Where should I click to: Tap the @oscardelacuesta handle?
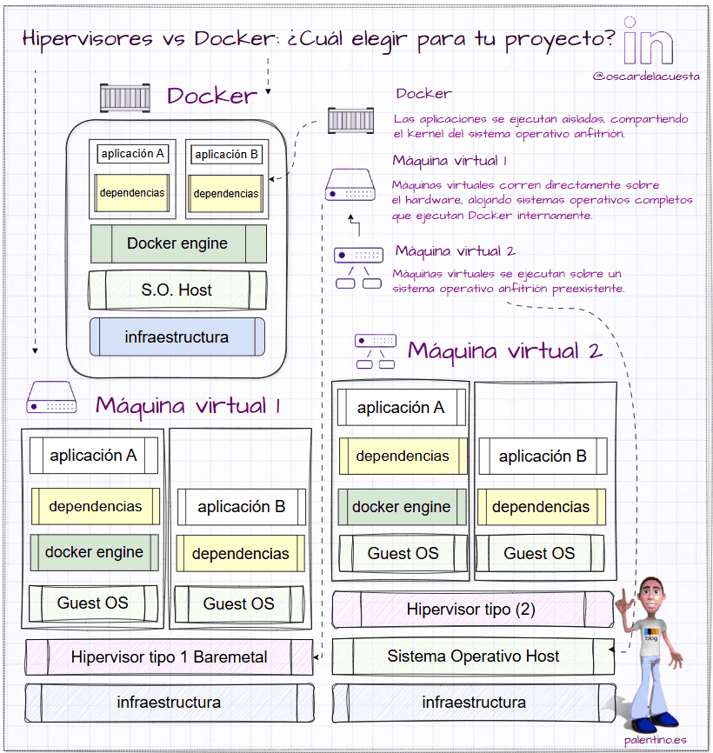tap(645, 77)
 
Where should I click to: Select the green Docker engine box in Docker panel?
tap(178, 243)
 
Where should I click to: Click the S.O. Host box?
tap(177, 290)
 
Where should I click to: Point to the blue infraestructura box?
tap(177, 337)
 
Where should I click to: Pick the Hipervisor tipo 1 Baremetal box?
tap(169, 656)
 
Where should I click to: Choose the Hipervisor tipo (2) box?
tap(471, 610)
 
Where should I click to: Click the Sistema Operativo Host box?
tap(473, 656)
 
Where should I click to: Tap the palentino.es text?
tap(655, 740)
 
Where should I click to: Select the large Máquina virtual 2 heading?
tap(505, 351)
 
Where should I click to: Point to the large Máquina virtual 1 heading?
tap(188, 405)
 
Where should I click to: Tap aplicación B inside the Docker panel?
tap(226, 155)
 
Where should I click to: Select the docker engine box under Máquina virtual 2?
tap(401, 507)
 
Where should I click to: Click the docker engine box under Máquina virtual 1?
tap(94, 552)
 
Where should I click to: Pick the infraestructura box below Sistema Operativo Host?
tap(473, 702)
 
